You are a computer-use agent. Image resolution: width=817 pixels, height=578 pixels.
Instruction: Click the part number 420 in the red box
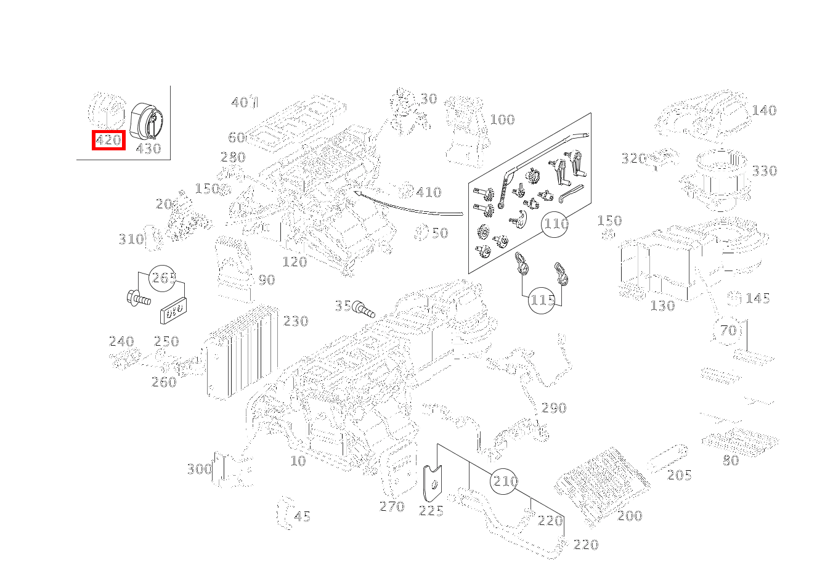click(108, 140)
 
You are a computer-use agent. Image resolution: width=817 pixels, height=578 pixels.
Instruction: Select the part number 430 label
click(148, 149)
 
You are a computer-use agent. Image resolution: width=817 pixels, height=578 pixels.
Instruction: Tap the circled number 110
click(555, 224)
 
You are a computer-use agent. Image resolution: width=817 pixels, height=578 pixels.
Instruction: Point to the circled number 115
click(542, 300)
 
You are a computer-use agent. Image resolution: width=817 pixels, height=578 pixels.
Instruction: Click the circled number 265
click(164, 278)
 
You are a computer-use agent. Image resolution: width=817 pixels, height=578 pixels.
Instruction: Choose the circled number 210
click(505, 481)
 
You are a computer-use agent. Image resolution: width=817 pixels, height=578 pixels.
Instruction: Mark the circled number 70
click(728, 330)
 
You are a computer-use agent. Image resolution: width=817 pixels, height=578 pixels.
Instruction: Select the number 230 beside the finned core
click(295, 321)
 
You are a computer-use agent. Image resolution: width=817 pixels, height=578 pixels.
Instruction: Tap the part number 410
click(428, 192)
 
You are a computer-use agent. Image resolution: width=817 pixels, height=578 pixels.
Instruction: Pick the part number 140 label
click(764, 111)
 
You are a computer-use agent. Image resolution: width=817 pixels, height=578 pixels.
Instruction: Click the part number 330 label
click(765, 171)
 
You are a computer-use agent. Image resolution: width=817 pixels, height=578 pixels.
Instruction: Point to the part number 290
click(553, 408)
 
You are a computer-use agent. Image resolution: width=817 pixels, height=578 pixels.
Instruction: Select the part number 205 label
click(679, 475)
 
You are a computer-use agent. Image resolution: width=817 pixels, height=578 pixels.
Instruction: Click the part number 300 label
click(199, 470)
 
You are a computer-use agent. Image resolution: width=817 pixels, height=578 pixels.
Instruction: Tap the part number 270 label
click(392, 507)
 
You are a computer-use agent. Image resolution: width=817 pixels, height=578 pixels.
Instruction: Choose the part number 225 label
click(431, 511)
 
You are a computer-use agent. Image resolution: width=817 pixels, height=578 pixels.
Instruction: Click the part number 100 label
click(502, 120)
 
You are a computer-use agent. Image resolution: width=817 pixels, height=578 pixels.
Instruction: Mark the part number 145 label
click(757, 299)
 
